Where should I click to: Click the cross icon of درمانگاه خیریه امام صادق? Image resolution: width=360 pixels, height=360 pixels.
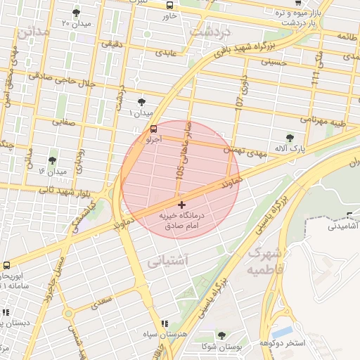[x=181, y=204]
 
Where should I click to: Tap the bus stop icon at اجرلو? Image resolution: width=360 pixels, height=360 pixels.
[x=153, y=129]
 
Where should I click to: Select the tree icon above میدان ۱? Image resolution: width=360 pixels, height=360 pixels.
[x=142, y=102]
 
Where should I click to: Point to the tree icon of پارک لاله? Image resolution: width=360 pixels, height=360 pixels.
[x=291, y=138]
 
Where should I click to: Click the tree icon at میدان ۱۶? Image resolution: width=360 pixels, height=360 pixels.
[x=52, y=161]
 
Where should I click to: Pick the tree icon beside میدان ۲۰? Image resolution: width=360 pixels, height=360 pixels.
[x=76, y=13]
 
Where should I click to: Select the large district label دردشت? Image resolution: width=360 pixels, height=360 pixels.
[x=214, y=31]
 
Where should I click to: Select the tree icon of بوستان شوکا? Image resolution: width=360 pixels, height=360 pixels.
[x=222, y=336]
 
